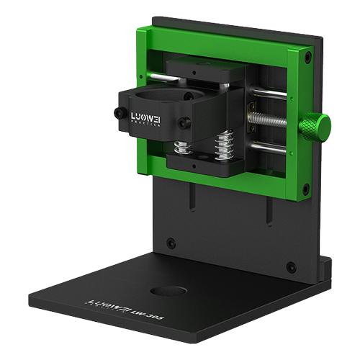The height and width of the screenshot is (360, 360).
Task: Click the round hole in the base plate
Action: (x=170, y=292)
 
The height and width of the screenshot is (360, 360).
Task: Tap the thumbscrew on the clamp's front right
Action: (x=185, y=123)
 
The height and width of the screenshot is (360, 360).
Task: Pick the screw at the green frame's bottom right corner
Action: (x=305, y=189)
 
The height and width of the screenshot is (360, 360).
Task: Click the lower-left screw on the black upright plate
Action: (x=171, y=243)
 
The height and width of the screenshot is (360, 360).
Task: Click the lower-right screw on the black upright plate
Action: (x=291, y=266)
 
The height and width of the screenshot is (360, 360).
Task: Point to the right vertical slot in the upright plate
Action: (x=268, y=211)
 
